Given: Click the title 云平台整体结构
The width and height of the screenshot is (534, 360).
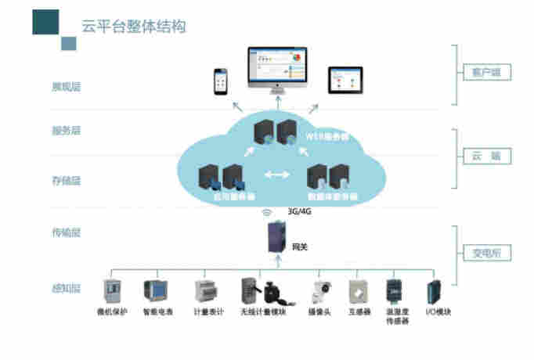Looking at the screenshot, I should (x=134, y=26).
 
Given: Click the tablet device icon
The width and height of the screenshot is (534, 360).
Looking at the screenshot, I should (x=345, y=80).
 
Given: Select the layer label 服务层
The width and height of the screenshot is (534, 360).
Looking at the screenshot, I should (x=66, y=131).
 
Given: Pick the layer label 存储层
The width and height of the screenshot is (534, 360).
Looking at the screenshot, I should (x=66, y=181).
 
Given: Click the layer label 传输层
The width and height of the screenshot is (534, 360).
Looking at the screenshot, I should (x=66, y=232).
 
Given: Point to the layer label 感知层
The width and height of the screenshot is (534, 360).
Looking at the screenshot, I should (x=66, y=290).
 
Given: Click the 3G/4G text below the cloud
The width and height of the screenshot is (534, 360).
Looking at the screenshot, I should (x=298, y=211).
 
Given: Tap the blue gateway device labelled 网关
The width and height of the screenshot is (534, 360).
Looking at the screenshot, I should (x=276, y=238).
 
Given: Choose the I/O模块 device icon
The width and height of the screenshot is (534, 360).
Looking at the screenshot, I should (x=433, y=292).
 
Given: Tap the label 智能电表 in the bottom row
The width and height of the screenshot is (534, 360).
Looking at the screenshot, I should (x=159, y=312).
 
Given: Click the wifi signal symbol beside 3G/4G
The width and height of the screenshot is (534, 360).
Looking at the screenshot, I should (x=266, y=211).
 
